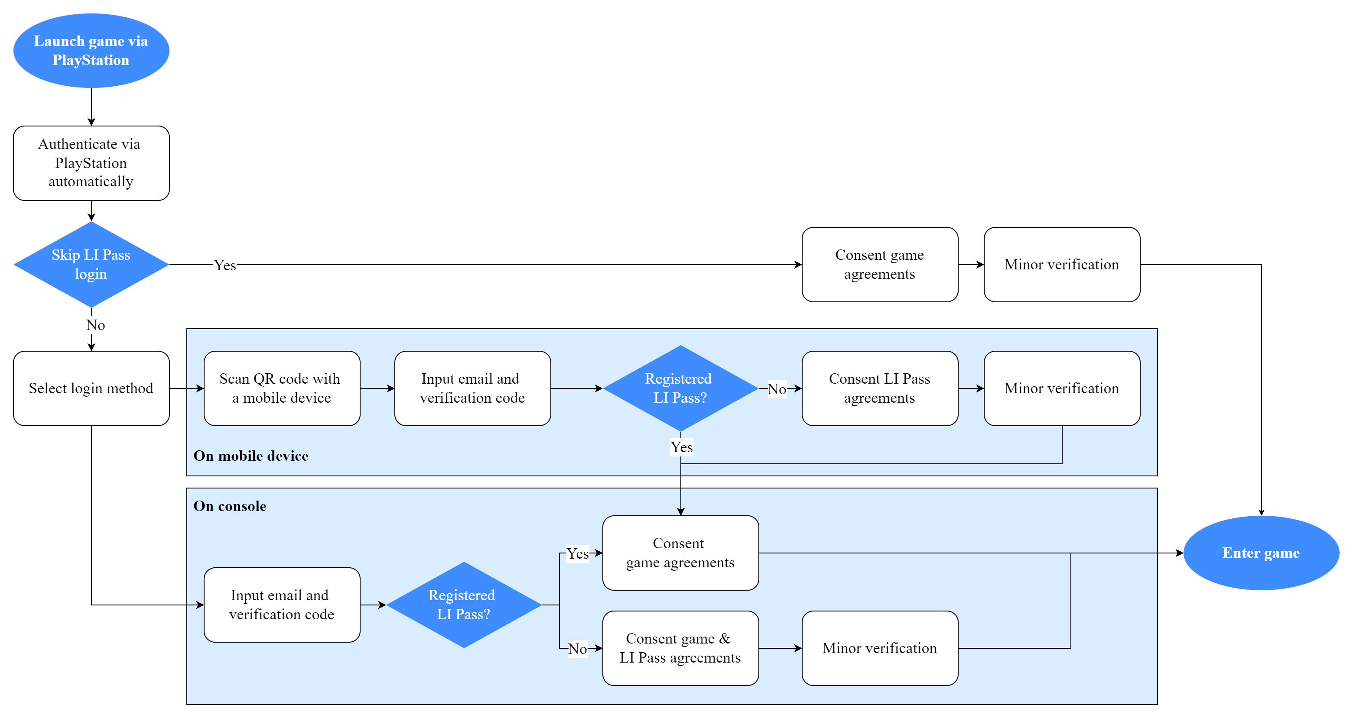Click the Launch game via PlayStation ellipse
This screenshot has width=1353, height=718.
coord(91,50)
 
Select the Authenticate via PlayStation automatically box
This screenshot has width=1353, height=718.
coord(91,163)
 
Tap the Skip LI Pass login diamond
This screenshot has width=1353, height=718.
coord(91,264)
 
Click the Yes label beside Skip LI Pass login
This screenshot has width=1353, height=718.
coord(225,265)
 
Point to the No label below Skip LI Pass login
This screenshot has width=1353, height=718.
coord(95,325)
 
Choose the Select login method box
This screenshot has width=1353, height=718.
coord(91,388)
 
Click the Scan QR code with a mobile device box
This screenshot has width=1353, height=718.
coord(282,388)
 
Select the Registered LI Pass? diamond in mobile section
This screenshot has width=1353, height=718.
coord(680,388)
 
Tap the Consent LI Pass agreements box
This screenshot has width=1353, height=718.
coord(879,388)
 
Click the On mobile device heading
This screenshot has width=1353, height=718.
coord(250,456)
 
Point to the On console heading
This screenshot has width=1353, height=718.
coord(230,506)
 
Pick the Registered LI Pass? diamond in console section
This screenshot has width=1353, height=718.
coord(463,605)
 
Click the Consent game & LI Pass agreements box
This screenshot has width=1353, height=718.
coord(680,648)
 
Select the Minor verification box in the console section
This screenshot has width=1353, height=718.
coord(879,648)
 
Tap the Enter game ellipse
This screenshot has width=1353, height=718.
coord(1261,553)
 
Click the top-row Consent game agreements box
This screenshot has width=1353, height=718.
coord(879,264)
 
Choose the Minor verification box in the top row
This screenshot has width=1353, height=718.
coord(1061,264)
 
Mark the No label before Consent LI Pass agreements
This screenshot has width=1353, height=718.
coord(776,389)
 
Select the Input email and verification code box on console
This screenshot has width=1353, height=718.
coord(282,605)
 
